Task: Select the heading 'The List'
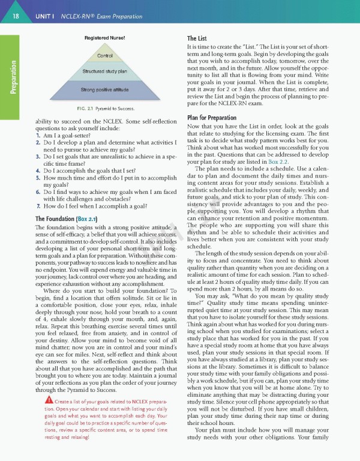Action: click(197, 38)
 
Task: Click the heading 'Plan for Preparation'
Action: click(213, 117)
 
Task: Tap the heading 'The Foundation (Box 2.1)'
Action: click(67, 218)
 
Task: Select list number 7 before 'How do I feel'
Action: click(38, 205)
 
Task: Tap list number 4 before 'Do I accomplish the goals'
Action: click(38, 170)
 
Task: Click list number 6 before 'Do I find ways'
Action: click(38, 192)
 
